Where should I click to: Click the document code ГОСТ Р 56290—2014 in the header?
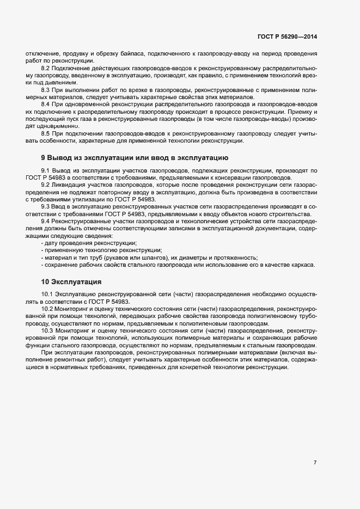pos(287,36)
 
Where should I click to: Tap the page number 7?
pos(315,462)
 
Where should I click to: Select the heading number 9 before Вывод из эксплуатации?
pos(44,157)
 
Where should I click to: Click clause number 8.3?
pos(46,89)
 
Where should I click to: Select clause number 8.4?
pos(46,103)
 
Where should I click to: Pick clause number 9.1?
pos(46,171)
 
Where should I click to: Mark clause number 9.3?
pos(46,206)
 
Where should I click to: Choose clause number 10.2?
pos(47,308)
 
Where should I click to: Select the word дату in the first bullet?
pos(52,243)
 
